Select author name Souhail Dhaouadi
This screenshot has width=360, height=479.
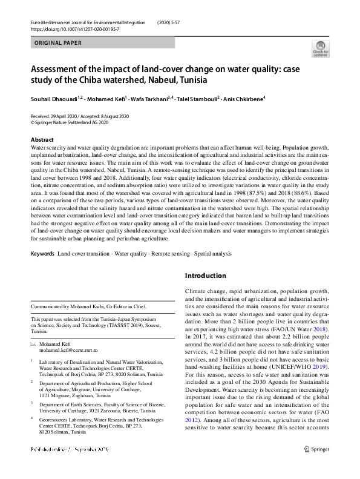coord(56,99)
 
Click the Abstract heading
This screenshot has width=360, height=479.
coord(42,140)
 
